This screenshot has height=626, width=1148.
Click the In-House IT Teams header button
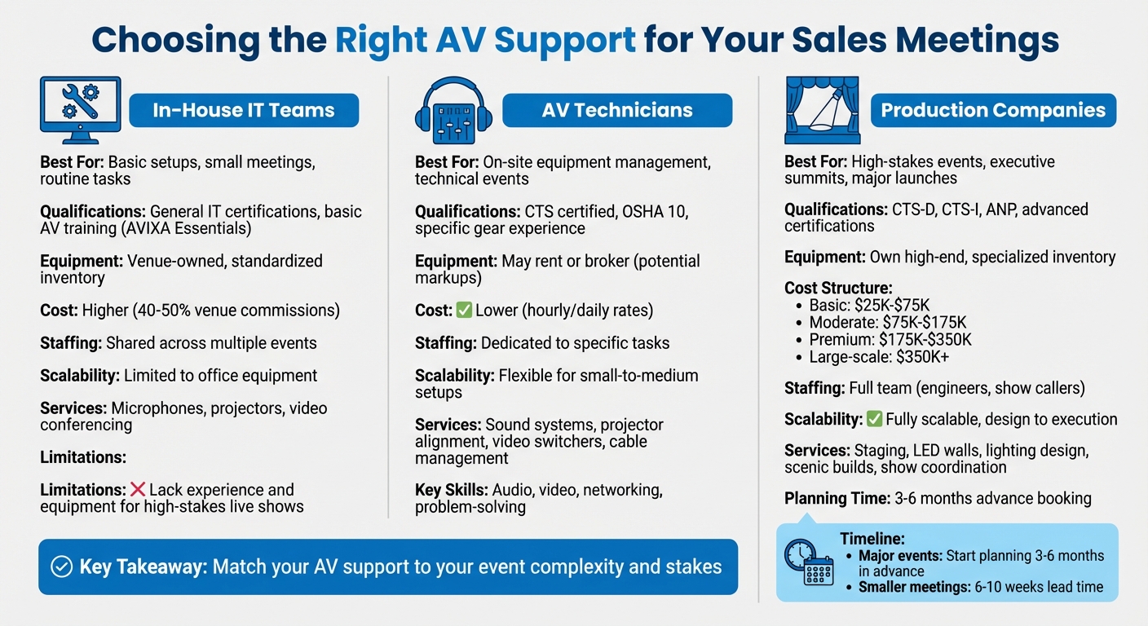(x=244, y=110)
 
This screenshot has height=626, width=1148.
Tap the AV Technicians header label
(x=616, y=110)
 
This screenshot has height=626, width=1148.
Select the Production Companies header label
(x=993, y=110)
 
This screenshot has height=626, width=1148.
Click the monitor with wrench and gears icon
(x=80, y=110)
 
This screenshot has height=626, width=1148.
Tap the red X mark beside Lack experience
(x=138, y=490)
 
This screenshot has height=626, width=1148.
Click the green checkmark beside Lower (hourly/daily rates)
(x=464, y=311)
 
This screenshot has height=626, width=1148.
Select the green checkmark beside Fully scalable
(x=874, y=420)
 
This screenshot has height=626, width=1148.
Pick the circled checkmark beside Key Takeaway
(x=61, y=566)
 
